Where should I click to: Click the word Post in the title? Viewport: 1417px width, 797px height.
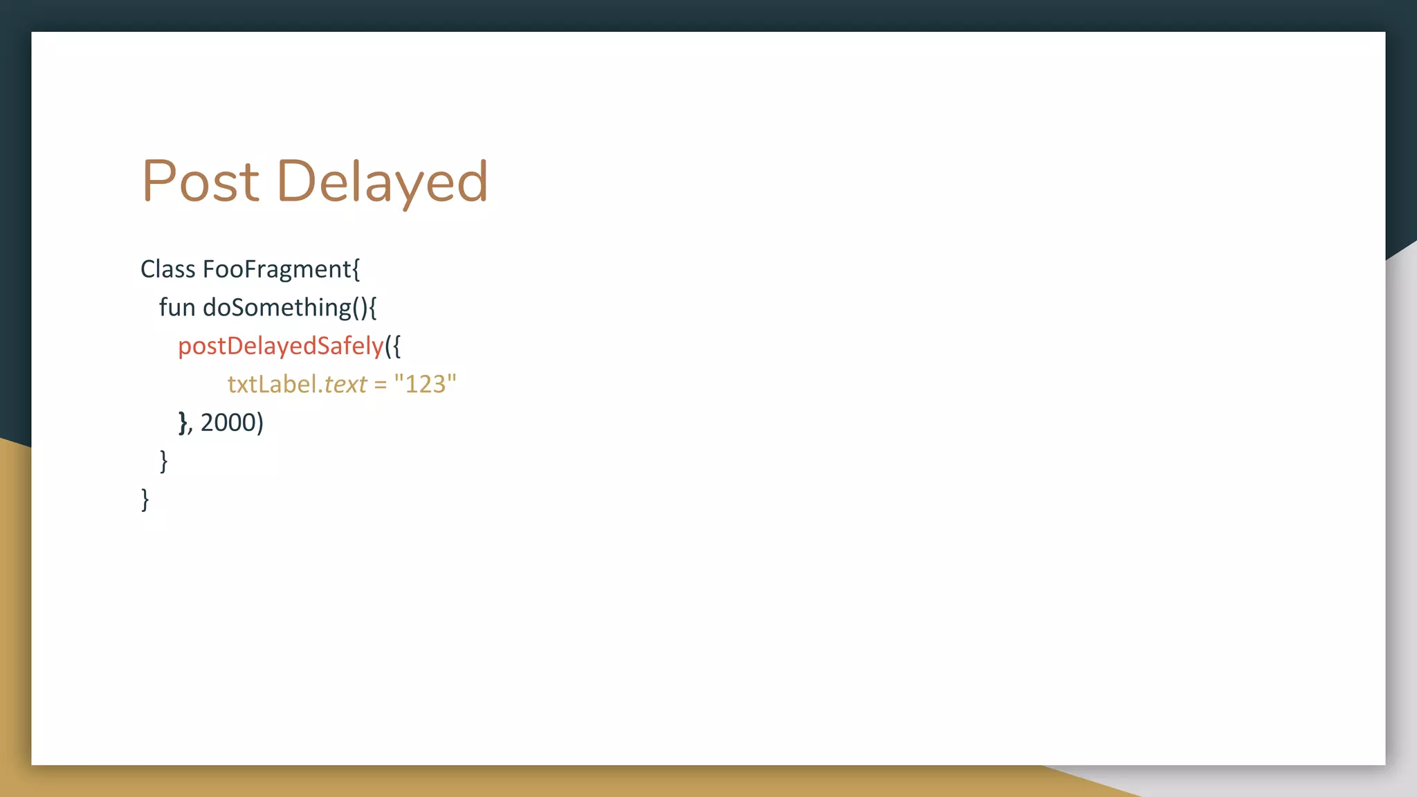tap(201, 181)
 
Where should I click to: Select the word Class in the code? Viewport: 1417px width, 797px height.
tap(168, 269)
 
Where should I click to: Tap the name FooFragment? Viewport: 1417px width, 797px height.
tap(277, 269)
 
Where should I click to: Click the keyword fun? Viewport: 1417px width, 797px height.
tap(177, 307)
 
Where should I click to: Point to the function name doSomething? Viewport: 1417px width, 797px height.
tap(277, 307)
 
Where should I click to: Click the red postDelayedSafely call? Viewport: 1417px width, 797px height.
tap(280, 346)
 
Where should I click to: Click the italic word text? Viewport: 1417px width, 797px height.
tap(345, 384)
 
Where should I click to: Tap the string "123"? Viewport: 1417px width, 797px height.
tap(425, 384)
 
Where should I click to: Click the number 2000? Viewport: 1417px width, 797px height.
tap(228, 422)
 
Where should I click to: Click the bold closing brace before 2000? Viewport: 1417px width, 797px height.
tap(183, 422)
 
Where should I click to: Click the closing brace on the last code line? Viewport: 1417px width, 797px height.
tap(145, 499)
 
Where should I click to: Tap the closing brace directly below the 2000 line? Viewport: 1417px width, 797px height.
tap(163, 461)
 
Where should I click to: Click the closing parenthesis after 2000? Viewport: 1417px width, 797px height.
tap(259, 423)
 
